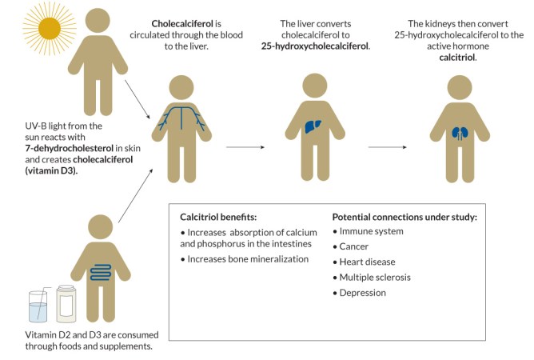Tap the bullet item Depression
pyautogui.click(x=364, y=292)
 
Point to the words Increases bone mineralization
pyautogui.click(x=245, y=259)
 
